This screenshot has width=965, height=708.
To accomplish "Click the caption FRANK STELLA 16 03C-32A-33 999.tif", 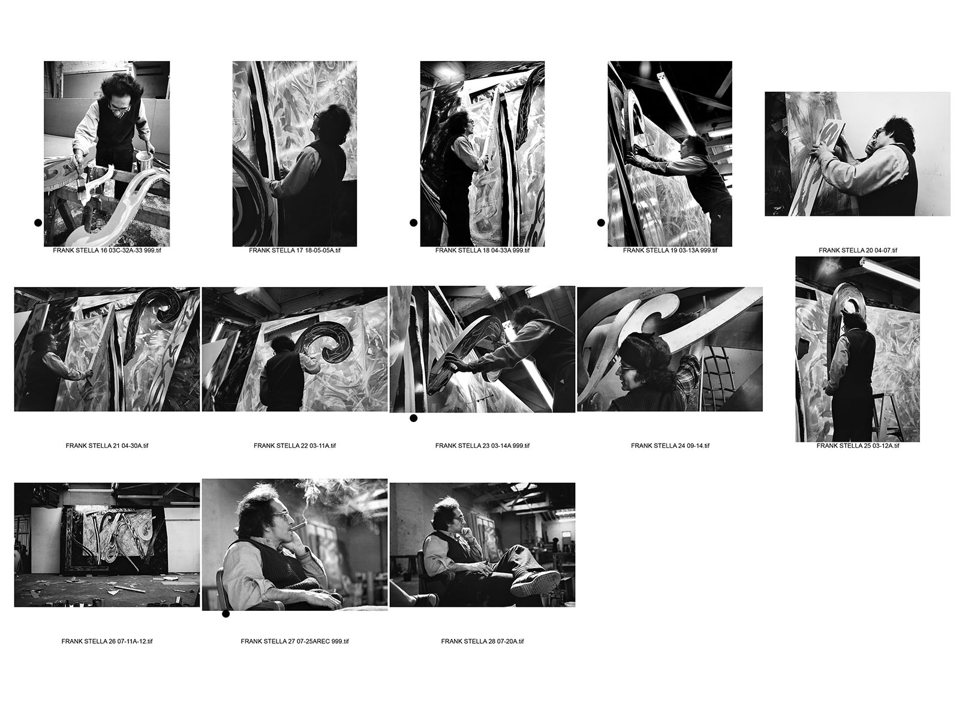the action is coord(107,250).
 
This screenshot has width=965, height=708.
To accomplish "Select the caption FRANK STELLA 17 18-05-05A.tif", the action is coord(294,250).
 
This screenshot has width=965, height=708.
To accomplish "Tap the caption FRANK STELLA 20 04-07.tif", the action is coord(858,250).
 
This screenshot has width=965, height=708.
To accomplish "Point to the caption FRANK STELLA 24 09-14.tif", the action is coord(670,446).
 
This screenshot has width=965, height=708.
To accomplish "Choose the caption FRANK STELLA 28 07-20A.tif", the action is coord(482,641).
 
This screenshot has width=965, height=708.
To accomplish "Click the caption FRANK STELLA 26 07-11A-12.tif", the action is coord(107,641).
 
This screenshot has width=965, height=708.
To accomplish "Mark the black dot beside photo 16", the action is coord(38,222).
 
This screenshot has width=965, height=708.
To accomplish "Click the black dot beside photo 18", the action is coord(414,222).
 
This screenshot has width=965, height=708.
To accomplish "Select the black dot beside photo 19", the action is coord(601,222).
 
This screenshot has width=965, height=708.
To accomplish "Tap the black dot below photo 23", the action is coord(414,418).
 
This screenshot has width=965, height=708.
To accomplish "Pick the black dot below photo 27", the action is coord(226,614).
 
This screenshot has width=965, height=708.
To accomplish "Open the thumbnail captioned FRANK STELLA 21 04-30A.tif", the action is coord(107,350).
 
